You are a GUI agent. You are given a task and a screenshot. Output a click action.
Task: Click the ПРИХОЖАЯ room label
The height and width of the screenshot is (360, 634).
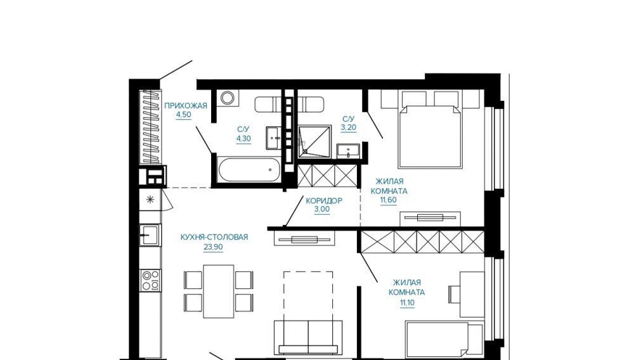point(186,106)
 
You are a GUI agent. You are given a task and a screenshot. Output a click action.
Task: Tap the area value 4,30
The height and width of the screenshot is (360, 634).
point(244,139)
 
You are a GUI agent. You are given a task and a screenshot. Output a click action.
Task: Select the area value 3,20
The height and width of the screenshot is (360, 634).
point(349,127)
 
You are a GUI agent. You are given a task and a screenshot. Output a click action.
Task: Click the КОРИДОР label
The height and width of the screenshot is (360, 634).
point(324,200)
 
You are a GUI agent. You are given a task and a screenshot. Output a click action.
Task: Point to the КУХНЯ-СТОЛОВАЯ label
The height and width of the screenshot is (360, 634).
point(214,237)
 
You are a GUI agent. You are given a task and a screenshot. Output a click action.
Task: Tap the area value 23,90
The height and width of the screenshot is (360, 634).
point(213,247)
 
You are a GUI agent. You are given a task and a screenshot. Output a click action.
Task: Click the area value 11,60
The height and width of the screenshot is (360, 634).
point(388,200)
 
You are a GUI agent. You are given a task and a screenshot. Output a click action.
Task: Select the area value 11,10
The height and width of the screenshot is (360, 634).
point(407,302)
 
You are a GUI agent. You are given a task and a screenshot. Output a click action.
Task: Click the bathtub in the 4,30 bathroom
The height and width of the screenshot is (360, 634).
point(249,170)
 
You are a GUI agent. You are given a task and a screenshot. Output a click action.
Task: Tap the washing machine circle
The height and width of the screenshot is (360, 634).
point(227,98)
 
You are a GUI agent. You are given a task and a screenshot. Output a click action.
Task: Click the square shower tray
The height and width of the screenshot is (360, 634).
point(315,141)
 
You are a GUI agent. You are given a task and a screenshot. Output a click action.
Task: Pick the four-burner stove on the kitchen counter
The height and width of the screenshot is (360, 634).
point(151,280)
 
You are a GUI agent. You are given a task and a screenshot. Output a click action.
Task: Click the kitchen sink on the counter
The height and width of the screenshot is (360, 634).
point(150,235)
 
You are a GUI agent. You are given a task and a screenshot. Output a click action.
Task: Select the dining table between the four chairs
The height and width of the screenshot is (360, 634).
point(219,292)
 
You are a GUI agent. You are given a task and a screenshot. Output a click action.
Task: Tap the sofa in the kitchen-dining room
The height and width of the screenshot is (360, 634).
point(308,337)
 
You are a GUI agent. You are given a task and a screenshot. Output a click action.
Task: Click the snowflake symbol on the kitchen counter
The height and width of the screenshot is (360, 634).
point(150,200)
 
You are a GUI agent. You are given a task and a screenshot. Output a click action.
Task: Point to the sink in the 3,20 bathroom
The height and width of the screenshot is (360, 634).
point(348,151)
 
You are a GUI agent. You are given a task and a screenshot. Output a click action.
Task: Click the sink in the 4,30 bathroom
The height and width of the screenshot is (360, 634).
point(273,138)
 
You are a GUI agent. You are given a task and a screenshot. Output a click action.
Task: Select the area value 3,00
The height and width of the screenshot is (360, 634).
point(322,210)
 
